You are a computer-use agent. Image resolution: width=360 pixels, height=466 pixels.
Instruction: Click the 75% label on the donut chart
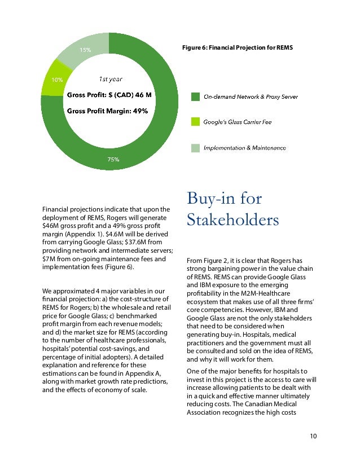[x=113, y=160]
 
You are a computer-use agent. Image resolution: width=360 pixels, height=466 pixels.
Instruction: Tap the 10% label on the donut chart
[x=57, y=80]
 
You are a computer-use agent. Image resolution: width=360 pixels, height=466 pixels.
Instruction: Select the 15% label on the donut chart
[x=85, y=50]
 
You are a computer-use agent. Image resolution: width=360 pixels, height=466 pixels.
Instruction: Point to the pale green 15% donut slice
[x=85, y=48]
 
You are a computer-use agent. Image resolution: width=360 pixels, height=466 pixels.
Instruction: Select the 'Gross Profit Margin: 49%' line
[x=108, y=111]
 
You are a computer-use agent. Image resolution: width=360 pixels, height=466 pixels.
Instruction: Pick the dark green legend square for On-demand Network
[x=194, y=97]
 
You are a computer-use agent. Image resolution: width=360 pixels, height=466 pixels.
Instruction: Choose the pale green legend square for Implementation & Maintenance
[x=194, y=148]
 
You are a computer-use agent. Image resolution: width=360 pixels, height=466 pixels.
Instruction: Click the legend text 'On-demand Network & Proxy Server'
[x=251, y=97]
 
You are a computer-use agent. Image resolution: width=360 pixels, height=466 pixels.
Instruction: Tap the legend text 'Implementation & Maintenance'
[x=244, y=148]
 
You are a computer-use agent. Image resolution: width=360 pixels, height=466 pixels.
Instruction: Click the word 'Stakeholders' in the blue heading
[x=232, y=219]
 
